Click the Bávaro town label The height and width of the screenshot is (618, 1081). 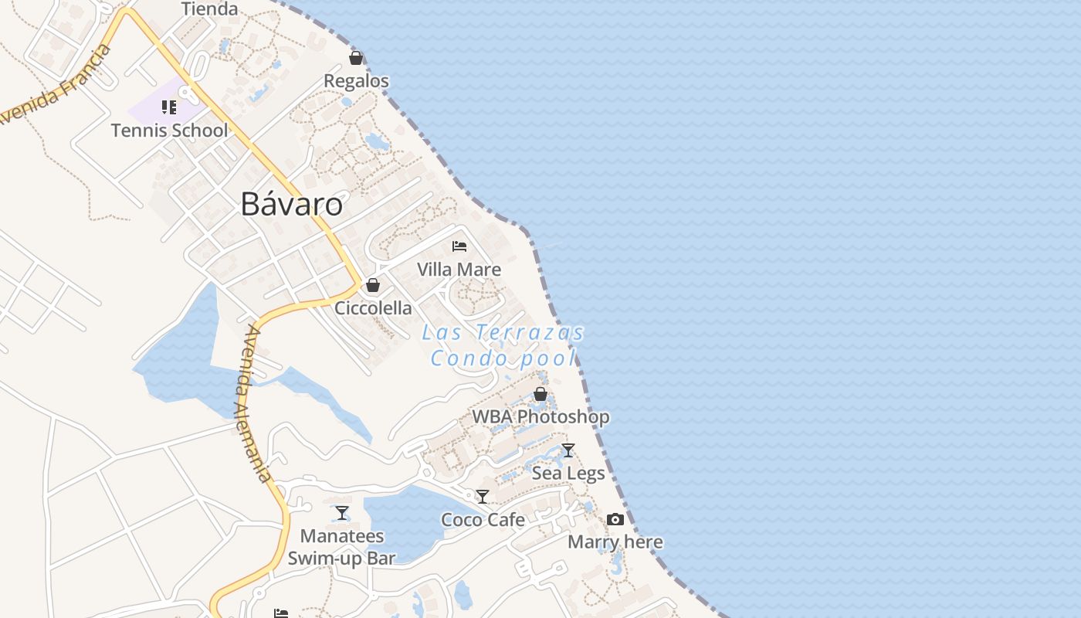click(x=291, y=205)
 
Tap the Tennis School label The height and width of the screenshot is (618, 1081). click(x=170, y=130)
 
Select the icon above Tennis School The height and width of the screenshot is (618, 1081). click(x=169, y=107)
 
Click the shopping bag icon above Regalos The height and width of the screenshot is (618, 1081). click(x=356, y=58)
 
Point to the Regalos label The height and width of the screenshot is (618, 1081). click(x=356, y=81)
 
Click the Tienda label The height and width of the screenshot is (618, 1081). click(x=209, y=9)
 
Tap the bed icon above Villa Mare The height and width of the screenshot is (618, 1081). click(x=459, y=246)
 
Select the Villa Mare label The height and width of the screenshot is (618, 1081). click(x=459, y=270)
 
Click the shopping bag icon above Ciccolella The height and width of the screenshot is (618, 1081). click(x=373, y=285)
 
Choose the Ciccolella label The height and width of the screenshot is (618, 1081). click(x=373, y=308)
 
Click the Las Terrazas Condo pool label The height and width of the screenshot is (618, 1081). click(x=503, y=345)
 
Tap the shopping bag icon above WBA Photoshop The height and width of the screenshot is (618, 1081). click(x=540, y=394)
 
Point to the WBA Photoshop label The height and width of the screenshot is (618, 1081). click(x=540, y=417)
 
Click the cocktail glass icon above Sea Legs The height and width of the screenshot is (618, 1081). click(x=568, y=450)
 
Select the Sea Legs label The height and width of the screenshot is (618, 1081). click(x=568, y=474)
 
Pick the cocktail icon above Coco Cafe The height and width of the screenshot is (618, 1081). click(x=483, y=497)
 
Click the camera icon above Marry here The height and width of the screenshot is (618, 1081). click(x=615, y=519)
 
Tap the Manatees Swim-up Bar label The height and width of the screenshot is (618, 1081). click(x=341, y=547)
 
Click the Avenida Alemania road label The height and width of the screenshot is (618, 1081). click(x=257, y=403)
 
